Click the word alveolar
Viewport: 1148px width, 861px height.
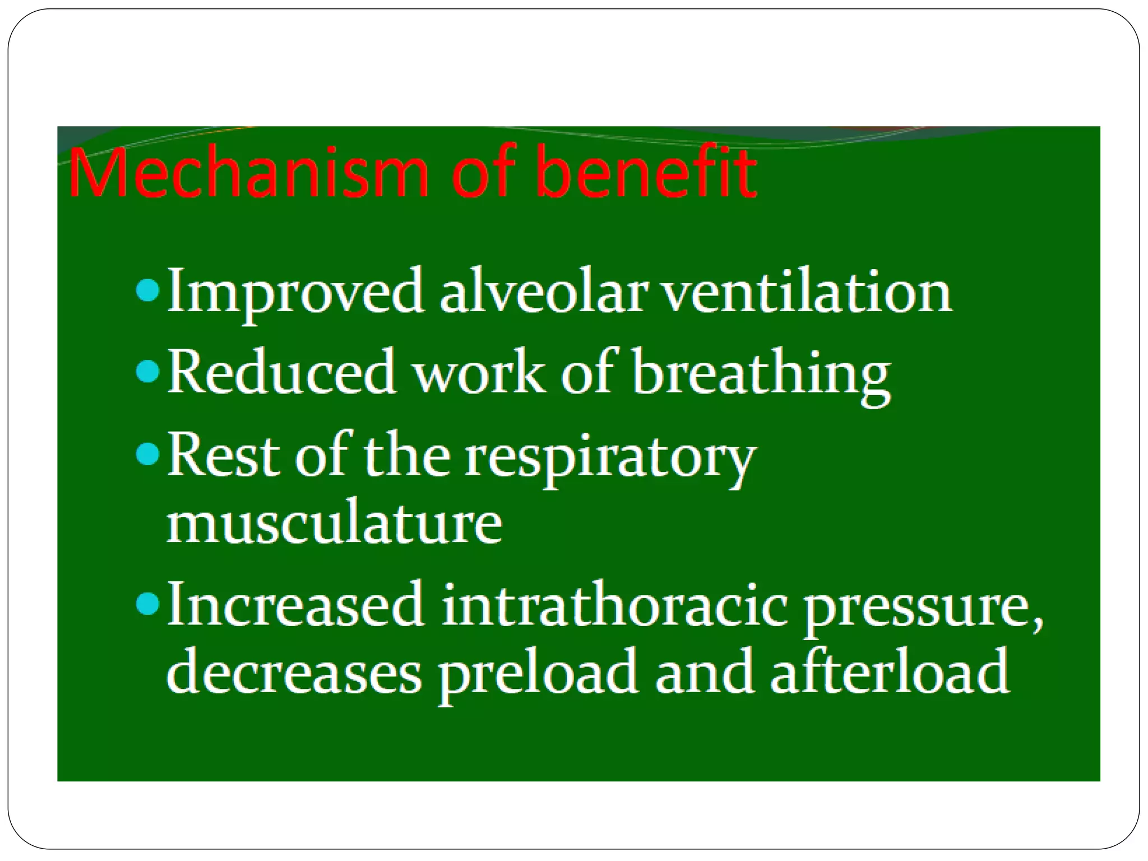pos(541,292)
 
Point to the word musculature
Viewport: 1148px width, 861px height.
pos(334,524)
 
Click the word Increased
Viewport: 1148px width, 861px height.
pos(295,605)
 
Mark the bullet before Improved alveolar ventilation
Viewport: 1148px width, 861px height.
pos(147,291)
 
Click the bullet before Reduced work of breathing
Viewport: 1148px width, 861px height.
pos(147,372)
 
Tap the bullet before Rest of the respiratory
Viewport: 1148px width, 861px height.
pos(147,455)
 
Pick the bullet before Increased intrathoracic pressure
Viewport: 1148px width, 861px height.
pos(147,604)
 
